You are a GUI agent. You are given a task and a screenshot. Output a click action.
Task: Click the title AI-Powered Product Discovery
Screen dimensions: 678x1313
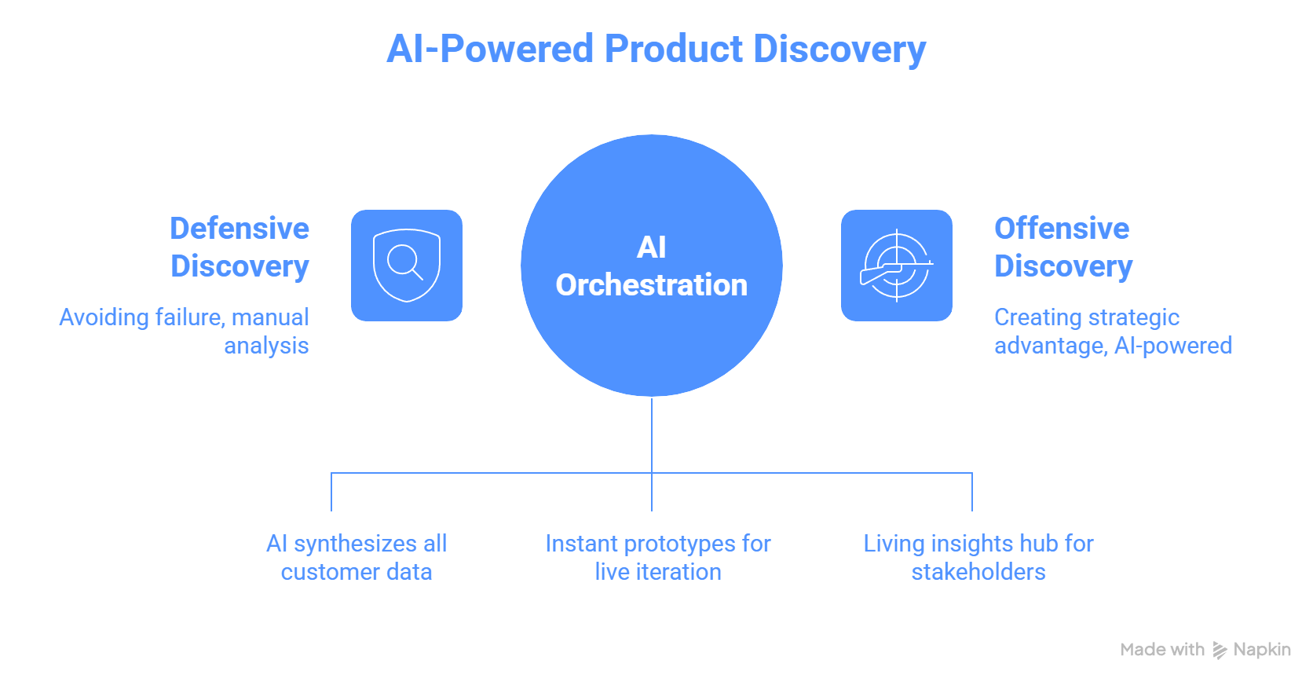point(656,49)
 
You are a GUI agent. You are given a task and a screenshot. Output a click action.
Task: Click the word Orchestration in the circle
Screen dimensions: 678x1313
point(651,285)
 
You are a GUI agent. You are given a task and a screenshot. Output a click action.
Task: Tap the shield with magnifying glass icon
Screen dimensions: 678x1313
point(406,266)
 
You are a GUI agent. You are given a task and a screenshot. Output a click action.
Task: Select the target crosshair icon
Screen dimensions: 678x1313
point(896,266)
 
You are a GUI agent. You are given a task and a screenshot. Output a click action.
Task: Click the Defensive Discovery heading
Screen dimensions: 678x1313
point(240,247)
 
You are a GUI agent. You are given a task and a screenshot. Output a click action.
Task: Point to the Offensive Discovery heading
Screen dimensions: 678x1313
point(1063,247)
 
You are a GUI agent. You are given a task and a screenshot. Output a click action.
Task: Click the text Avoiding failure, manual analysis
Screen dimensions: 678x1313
point(185,331)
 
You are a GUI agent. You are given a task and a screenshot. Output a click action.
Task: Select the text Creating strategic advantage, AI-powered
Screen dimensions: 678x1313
point(1112,331)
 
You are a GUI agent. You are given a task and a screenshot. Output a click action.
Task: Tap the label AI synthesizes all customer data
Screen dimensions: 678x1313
point(357,557)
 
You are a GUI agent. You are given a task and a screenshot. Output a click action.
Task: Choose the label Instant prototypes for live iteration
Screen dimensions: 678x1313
point(658,557)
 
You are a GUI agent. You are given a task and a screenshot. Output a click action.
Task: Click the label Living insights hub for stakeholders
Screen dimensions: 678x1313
point(978,557)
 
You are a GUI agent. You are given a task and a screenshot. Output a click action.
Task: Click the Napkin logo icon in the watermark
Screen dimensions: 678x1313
point(1220,650)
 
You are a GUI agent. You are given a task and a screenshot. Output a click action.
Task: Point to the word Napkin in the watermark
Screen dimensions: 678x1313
point(1262,650)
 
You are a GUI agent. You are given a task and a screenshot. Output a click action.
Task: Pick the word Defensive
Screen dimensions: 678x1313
point(240,229)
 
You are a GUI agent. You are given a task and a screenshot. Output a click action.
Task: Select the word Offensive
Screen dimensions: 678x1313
point(1062,229)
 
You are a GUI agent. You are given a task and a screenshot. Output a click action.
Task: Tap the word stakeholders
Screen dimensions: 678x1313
point(978,572)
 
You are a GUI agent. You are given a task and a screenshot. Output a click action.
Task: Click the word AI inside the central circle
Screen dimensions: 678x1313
point(651,247)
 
